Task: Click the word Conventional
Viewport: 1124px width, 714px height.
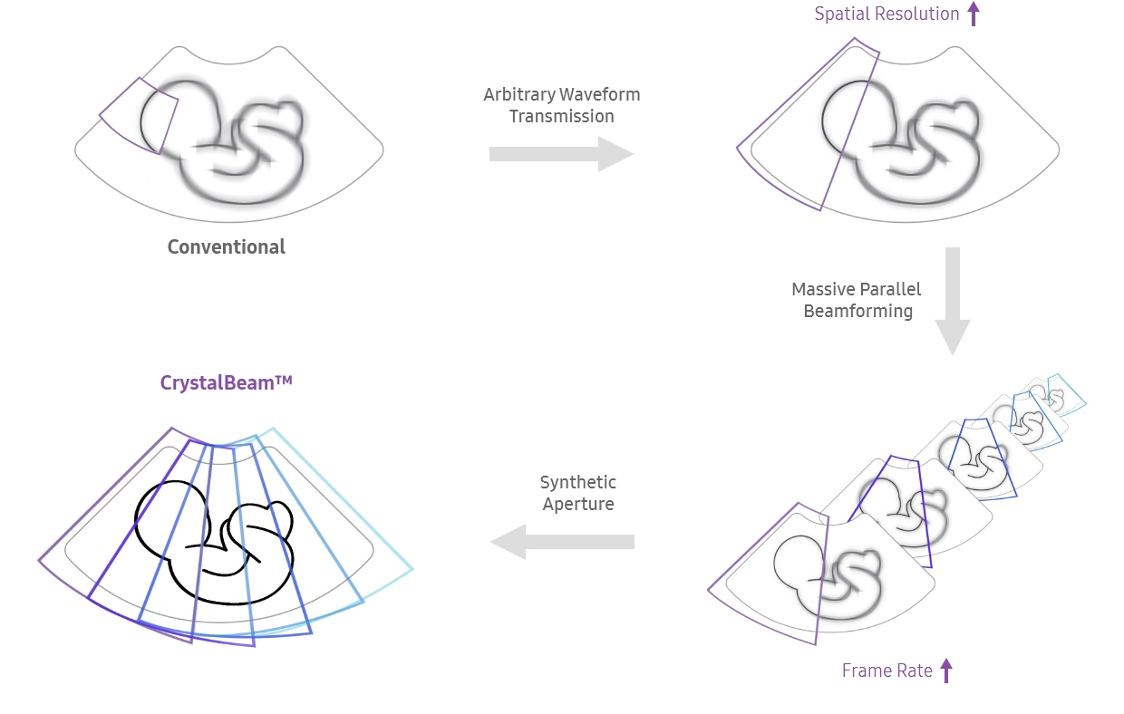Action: click(226, 247)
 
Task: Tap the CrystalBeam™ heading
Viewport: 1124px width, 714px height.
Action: click(226, 383)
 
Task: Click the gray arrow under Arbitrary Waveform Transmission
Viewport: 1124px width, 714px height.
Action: click(561, 154)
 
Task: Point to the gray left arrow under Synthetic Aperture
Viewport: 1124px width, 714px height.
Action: click(562, 542)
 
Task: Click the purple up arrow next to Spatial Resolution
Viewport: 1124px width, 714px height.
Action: click(974, 14)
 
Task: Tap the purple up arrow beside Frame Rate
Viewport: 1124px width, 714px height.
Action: click(946, 671)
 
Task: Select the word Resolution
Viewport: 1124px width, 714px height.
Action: click(917, 14)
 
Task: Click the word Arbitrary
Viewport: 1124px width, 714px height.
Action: click(518, 95)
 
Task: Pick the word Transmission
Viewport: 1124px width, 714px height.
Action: click(561, 117)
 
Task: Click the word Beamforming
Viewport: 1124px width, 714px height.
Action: click(858, 312)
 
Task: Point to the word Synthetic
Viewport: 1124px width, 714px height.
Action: click(577, 483)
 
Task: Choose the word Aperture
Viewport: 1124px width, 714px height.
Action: click(577, 505)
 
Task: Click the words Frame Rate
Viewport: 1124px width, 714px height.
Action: click(887, 671)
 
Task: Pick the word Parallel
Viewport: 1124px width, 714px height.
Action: click(892, 290)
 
